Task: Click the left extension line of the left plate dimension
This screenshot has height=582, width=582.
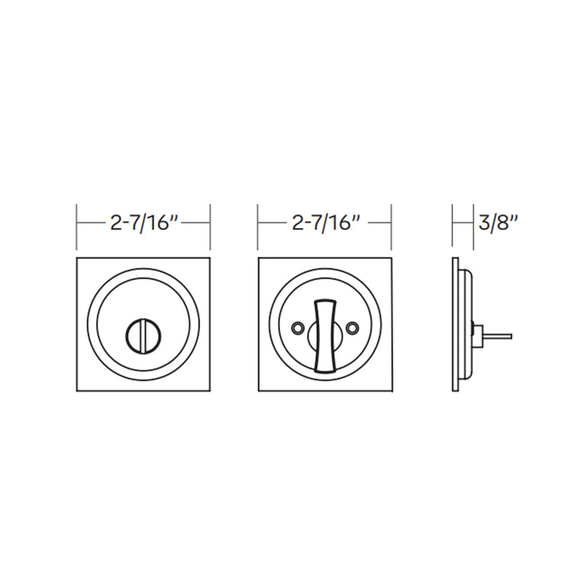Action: (x=76, y=226)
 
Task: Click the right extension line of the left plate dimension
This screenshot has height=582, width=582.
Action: (x=210, y=226)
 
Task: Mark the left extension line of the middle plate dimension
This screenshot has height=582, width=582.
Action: (x=258, y=226)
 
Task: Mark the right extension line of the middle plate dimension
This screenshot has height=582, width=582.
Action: (x=392, y=226)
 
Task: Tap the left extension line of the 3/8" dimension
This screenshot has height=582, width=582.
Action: (x=453, y=226)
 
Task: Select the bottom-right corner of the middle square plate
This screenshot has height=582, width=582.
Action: (x=391, y=391)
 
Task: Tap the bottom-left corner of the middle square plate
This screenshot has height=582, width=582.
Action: (x=259, y=391)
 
